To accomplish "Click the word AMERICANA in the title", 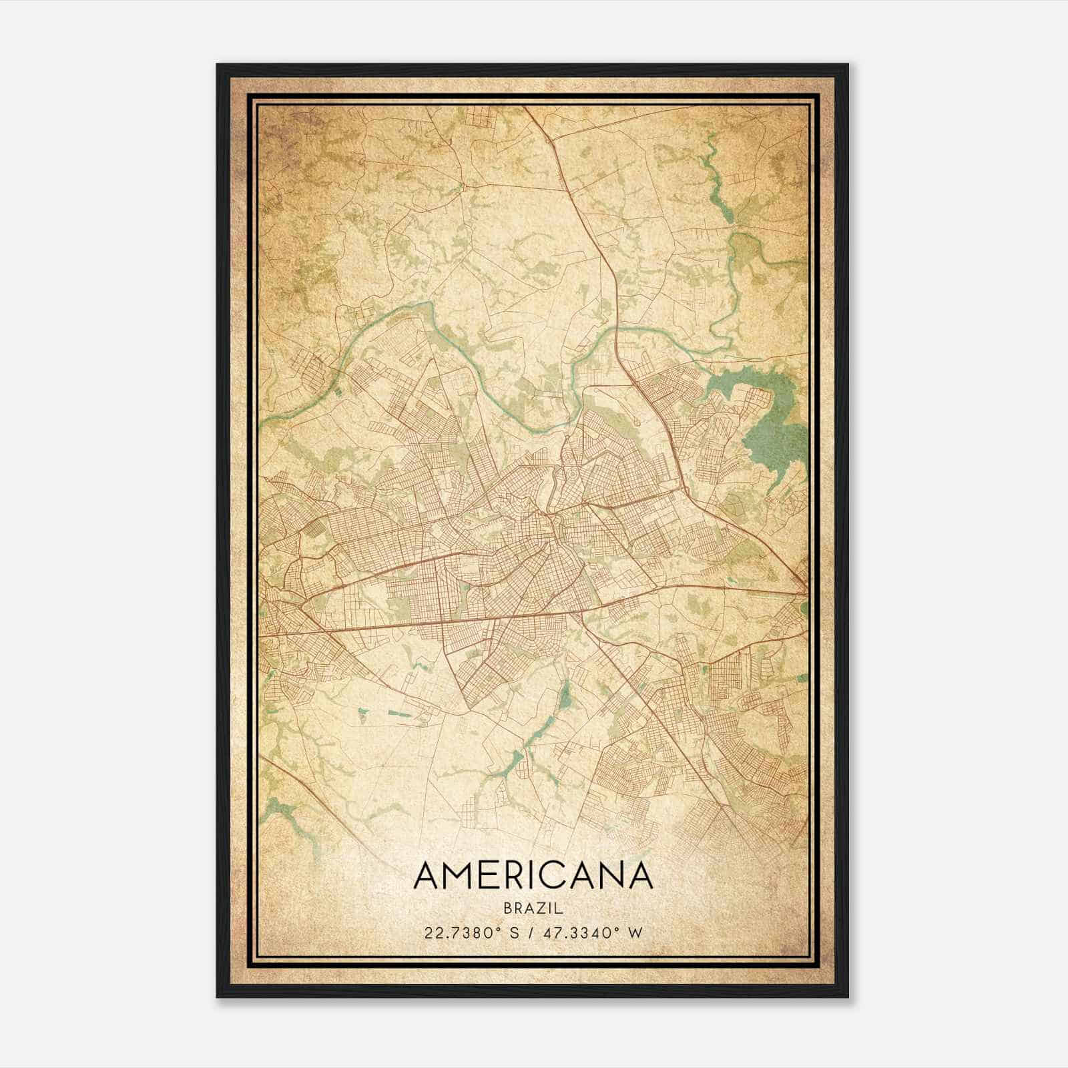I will [x=533, y=876].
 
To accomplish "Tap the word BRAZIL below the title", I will [x=533, y=908].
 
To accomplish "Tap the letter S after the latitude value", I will [x=514, y=933].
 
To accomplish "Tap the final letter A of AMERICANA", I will [x=639, y=876].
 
